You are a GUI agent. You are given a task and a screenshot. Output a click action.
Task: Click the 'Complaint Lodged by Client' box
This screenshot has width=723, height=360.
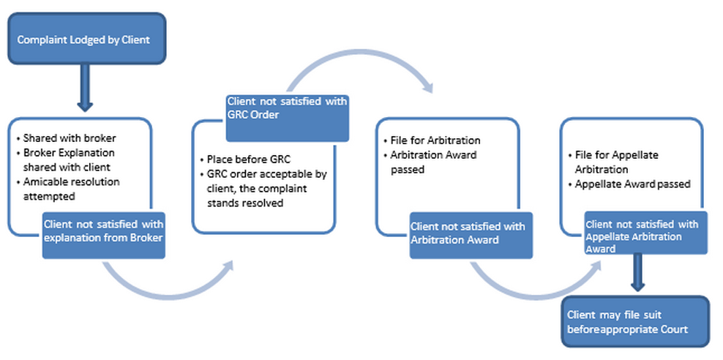click(x=84, y=39)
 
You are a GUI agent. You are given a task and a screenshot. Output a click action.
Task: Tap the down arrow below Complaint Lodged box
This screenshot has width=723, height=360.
click(x=85, y=89)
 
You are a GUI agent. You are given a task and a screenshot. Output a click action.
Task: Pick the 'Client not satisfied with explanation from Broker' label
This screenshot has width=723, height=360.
click(x=103, y=233)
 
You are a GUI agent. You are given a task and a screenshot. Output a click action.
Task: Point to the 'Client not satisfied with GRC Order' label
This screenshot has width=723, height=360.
click(x=287, y=108)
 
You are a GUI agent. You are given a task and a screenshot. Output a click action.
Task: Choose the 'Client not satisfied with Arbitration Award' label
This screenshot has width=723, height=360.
click(x=467, y=233)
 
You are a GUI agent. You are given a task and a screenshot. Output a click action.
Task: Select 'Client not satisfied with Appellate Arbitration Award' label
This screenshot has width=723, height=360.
click(x=642, y=236)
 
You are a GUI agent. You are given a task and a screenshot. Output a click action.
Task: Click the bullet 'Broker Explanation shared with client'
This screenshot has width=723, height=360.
click(x=70, y=159)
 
